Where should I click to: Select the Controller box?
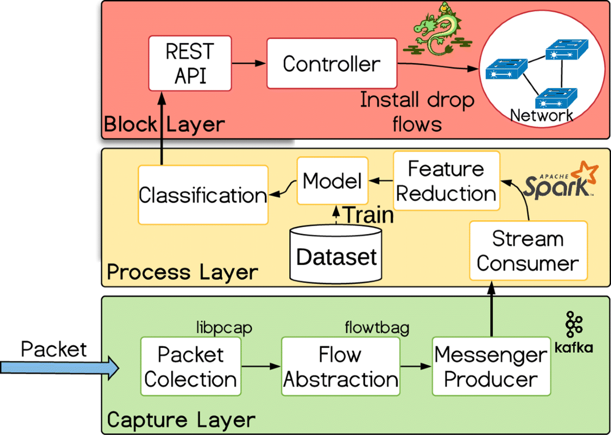(331, 64)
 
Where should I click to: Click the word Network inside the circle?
(541, 115)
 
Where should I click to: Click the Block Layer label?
(164, 124)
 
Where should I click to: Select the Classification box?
(203, 195)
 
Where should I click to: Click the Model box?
(332, 181)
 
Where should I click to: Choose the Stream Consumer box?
(527, 251)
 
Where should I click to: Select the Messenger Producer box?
(491, 367)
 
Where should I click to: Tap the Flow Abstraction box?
(340, 367)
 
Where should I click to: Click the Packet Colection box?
(190, 367)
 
